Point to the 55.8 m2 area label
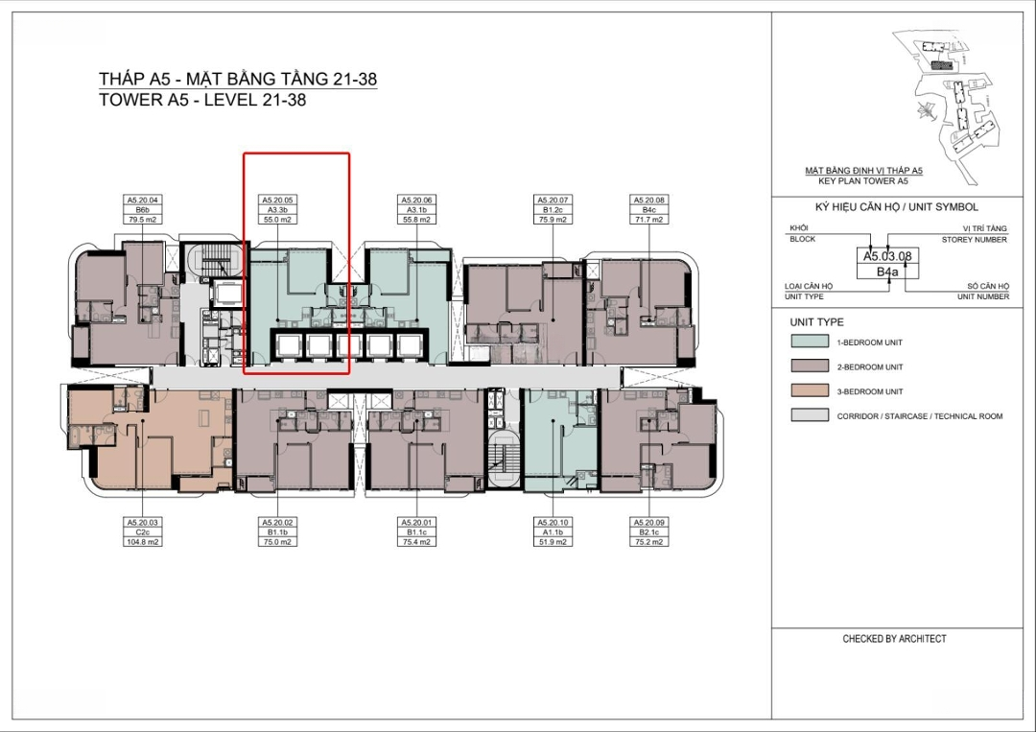(416, 220)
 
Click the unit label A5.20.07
(553, 200)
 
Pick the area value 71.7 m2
(648, 220)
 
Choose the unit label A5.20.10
(553, 523)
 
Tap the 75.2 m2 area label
(648, 542)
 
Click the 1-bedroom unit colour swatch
(810, 342)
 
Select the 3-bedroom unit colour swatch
(810, 390)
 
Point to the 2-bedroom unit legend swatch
(810, 366)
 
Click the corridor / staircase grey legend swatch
(810, 414)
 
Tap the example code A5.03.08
(887, 256)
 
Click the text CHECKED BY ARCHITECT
(894, 639)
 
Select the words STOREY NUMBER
(974, 239)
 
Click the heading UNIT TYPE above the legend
(816, 322)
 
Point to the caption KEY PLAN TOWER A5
(863, 180)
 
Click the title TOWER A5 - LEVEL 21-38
(202, 100)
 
